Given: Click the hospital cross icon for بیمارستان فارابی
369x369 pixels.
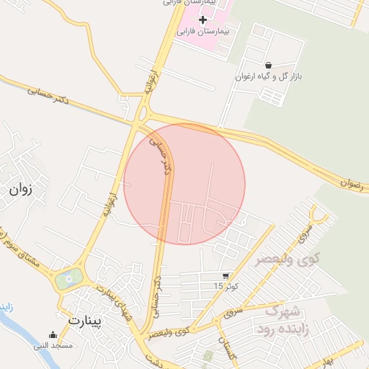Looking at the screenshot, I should (203, 20).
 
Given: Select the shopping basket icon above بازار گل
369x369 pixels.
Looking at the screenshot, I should (268, 65).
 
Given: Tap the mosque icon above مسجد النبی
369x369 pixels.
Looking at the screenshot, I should (53, 334).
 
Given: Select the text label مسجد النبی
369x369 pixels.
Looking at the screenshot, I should (53, 346).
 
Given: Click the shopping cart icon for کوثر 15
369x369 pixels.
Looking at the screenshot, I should (226, 276).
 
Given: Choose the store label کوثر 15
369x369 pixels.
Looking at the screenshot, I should (224, 287).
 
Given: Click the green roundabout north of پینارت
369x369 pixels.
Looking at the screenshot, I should (68, 277).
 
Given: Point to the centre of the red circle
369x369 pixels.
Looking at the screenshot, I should (184, 184).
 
